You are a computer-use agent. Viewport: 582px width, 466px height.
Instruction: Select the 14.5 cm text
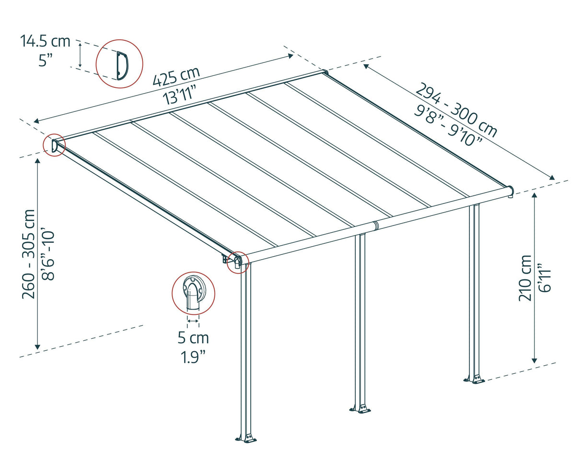click(45, 41)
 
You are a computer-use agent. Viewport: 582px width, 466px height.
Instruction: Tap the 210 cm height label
click(525, 278)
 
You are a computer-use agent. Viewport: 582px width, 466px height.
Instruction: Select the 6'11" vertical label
click(544, 278)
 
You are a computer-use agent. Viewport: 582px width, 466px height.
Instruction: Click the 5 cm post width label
click(193, 338)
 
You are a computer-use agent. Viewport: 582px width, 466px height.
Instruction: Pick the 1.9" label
click(193, 357)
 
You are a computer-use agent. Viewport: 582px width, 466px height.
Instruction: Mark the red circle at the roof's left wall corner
click(54, 145)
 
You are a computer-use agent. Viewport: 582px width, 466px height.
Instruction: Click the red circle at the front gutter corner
click(238, 262)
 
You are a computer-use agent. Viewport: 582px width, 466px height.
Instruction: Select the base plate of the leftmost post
click(246, 438)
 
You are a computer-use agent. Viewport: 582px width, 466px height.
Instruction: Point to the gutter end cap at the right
click(511, 191)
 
